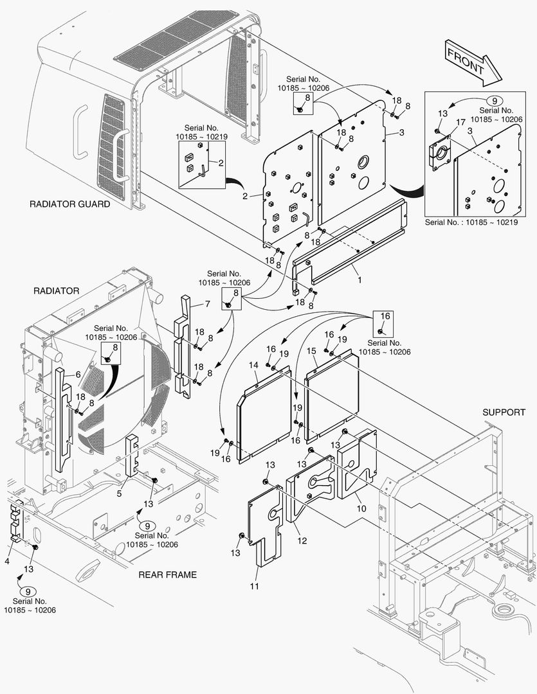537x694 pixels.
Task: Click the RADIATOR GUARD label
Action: tap(70, 204)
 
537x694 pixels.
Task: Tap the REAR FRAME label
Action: tap(168, 574)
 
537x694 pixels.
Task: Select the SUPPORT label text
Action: tap(504, 412)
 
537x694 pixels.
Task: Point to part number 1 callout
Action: tap(359, 280)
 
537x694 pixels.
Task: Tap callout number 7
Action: tap(208, 303)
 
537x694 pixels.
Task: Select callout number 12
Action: tap(302, 541)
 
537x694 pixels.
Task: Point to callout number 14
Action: tap(253, 365)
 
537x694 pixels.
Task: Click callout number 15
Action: tap(311, 351)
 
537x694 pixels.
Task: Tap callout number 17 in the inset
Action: tap(460, 122)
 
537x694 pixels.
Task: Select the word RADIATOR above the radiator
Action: tap(56, 290)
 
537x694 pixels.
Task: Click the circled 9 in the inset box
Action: tap(494, 101)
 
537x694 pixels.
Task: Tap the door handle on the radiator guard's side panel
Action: tap(118, 154)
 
